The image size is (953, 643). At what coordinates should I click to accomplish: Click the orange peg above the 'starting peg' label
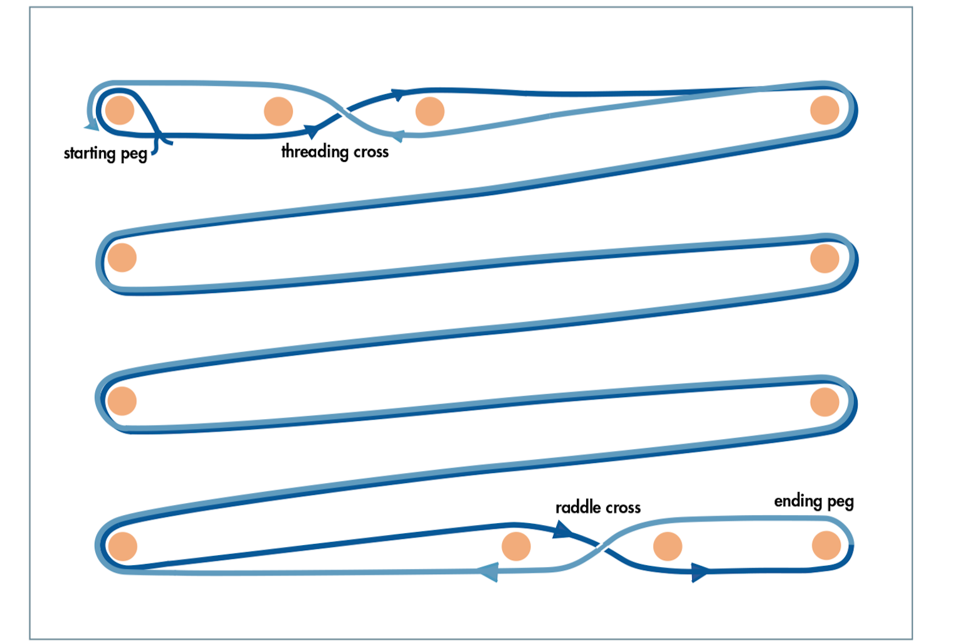coord(120,110)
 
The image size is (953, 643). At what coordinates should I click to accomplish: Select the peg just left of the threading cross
coord(278,111)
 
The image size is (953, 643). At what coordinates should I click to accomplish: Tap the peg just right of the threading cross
coord(429,111)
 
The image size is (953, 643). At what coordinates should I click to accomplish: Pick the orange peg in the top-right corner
coord(824,110)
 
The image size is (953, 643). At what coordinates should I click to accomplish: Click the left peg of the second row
coord(122,257)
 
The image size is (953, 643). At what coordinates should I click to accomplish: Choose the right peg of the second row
coord(824,258)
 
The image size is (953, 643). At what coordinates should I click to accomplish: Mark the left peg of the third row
coord(122,401)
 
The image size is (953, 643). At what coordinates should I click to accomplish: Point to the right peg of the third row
coord(824,401)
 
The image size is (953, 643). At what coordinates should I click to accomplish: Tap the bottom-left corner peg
coord(122,546)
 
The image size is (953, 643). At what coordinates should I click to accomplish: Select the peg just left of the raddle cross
coord(516,546)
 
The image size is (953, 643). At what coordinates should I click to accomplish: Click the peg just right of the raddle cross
coord(668,546)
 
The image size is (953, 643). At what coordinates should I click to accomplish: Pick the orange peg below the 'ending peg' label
coord(826,545)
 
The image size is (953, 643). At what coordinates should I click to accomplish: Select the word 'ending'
coord(798,501)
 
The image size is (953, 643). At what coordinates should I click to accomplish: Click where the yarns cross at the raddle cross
coord(601,546)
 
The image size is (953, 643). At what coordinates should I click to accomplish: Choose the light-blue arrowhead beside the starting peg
coord(92,125)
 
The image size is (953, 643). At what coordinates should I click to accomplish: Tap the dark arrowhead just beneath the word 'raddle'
coord(562,530)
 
